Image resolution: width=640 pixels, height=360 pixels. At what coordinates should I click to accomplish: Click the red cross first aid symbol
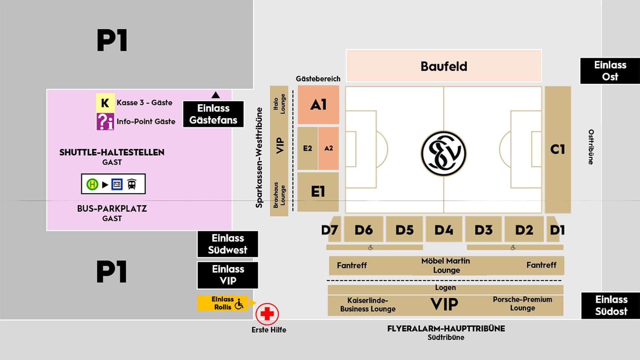(x=267, y=314)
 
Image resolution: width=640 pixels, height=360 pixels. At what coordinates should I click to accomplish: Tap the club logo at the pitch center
(x=443, y=153)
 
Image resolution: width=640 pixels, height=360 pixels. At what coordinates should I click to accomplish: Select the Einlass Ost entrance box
(x=610, y=71)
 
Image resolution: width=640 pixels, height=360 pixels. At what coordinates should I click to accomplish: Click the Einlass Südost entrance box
(x=611, y=305)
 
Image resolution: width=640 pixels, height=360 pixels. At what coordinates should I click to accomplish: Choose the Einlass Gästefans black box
(x=213, y=114)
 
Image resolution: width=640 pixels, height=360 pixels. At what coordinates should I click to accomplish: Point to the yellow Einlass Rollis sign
(x=223, y=303)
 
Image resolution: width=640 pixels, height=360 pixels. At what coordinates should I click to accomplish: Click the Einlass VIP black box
(x=228, y=275)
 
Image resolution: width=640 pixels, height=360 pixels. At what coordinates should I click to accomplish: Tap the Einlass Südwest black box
(x=228, y=244)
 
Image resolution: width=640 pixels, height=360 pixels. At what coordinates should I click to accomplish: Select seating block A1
(x=318, y=105)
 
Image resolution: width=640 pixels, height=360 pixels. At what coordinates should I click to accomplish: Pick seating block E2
(x=307, y=148)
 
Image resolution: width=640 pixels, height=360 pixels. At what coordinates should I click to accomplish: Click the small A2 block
(x=328, y=148)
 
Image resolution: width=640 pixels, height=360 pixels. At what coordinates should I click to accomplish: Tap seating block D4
(x=444, y=230)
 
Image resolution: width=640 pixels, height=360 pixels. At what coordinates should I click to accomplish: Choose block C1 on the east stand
(x=558, y=149)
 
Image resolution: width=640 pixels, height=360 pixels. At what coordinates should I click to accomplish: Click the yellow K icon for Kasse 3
(x=105, y=103)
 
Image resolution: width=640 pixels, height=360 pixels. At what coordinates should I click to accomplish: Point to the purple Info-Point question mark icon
(x=105, y=121)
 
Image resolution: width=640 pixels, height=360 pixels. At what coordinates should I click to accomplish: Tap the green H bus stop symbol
(x=92, y=184)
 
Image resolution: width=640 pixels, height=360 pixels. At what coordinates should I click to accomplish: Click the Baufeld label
(x=444, y=66)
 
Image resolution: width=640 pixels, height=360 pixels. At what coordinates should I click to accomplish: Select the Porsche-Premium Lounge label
(x=522, y=304)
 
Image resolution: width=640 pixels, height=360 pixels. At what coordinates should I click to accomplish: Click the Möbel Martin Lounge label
(x=446, y=265)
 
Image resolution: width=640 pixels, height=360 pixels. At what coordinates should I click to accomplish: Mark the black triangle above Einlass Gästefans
(x=216, y=95)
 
